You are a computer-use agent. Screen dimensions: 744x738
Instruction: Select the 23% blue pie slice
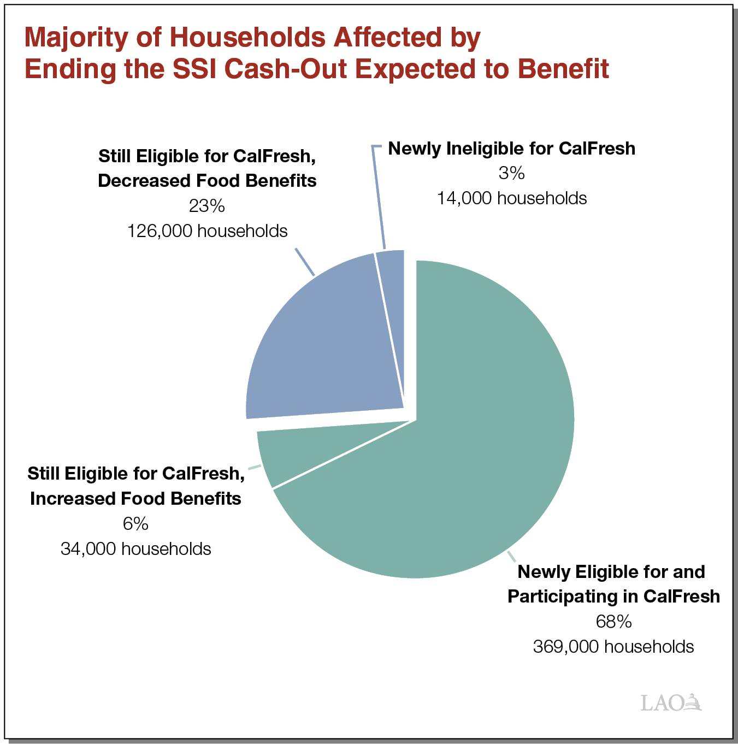click(322, 350)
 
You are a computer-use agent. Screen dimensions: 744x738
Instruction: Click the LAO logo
click(670, 702)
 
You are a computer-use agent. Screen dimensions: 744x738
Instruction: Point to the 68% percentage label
click(613, 622)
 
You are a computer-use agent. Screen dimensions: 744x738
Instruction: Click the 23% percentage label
click(206, 206)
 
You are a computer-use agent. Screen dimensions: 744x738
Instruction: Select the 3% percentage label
click(511, 173)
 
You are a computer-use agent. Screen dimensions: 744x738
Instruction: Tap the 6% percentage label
click(135, 524)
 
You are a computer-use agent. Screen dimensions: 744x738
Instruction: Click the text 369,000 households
click(613, 647)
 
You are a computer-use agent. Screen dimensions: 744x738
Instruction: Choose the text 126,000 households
click(207, 231)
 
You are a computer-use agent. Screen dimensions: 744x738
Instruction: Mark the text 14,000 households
click(511, 198)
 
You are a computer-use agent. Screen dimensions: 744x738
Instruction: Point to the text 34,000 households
click(135, 548)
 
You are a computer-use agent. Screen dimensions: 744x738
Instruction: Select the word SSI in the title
click(196, 69)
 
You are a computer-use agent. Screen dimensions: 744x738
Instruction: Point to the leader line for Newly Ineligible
click(379, 197)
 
